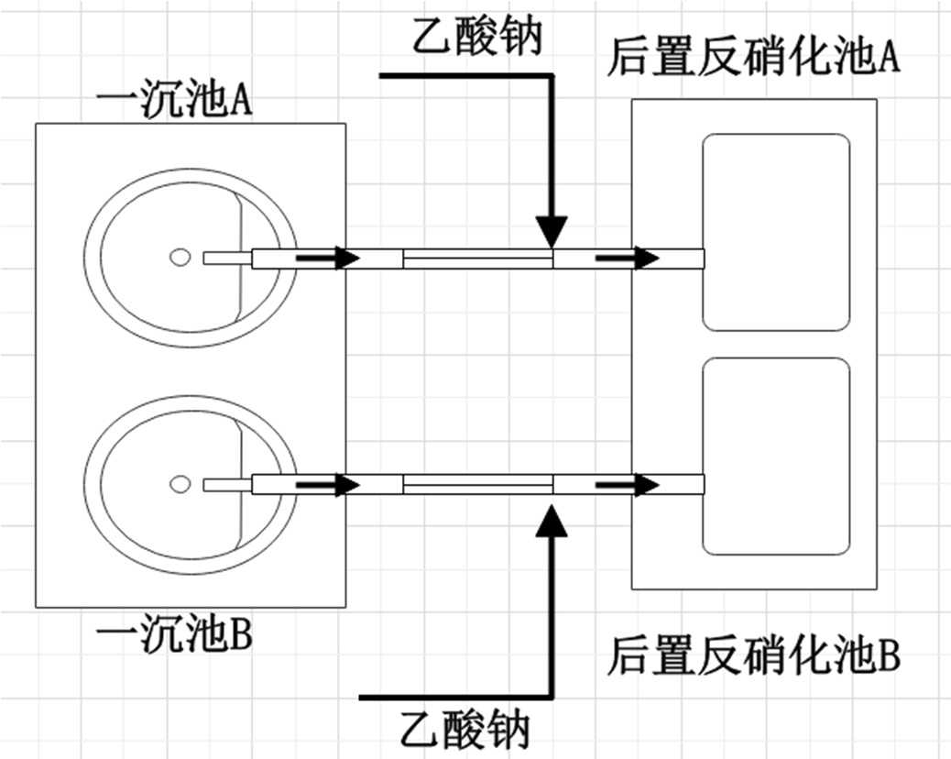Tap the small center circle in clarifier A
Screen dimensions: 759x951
(180, 258)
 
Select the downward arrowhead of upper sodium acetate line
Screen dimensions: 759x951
(552, 231)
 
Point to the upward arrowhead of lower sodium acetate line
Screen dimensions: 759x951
(552, 517)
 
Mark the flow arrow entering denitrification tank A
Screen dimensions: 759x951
(628, 258)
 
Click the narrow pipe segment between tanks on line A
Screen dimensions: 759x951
(477, 262)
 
